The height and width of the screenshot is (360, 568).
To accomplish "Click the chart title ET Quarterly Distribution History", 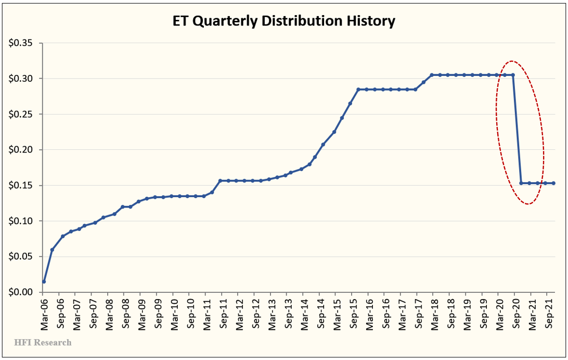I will (283, 21).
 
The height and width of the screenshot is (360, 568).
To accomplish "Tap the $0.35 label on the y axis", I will (20, 43).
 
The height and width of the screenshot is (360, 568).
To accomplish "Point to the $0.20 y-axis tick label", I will (20, 150).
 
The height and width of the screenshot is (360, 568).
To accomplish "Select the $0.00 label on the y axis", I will (20, 292).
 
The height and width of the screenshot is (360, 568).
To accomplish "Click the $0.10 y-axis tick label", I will (20, 221).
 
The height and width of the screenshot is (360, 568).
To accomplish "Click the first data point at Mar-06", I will (44, 281).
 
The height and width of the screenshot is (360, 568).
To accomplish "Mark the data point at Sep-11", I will (222, 181).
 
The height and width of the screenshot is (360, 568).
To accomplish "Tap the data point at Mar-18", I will (432, 75).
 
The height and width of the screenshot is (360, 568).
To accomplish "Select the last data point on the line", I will (553, 183).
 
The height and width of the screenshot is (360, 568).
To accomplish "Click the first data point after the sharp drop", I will (521, 183).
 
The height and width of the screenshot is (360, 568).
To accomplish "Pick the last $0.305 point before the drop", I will (513, 75).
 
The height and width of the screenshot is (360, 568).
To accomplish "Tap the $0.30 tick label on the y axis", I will (20, 79).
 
